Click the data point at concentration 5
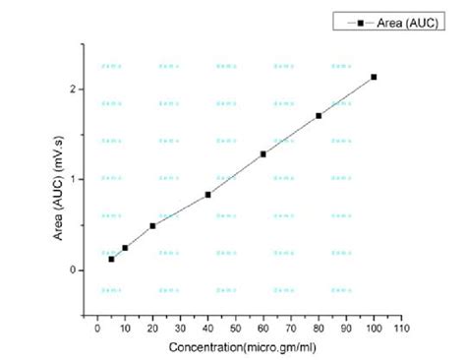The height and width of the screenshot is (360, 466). point(111,259)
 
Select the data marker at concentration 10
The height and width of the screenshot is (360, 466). point(125,248)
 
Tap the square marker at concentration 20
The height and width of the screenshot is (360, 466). point(152,225)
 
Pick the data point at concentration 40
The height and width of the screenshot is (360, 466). point(207,195)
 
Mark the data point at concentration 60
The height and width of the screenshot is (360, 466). point(263,154)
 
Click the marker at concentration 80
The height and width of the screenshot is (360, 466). point(319,116)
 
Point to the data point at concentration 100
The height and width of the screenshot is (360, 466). point(374,77)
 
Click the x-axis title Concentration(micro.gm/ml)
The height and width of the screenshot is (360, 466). point(236,347)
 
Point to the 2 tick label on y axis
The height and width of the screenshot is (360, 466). point(73,90)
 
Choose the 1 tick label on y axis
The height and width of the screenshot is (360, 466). point(73,179)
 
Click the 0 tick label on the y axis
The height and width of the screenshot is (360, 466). point(73,270)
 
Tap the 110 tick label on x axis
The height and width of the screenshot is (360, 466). point(401,329)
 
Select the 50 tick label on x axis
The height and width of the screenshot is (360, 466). point(235,329)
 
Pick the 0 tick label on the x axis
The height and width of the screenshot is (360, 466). point(97,329)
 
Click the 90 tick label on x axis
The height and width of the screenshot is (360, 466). point(346,329)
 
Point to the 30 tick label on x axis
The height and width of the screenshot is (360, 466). point(180,329)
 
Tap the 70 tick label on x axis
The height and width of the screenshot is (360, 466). point(291,329)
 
